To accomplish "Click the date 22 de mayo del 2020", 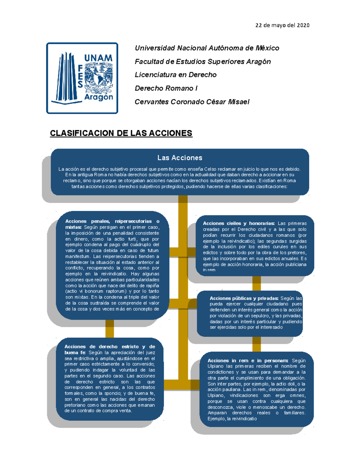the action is click(282, 25).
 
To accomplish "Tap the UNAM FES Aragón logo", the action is click(82, 78).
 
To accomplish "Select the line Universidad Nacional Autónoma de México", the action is click(207, 48).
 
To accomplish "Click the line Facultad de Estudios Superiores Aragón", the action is click(203, 62).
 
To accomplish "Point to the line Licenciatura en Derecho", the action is click(175, 75).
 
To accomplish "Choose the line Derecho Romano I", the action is click(166, 88).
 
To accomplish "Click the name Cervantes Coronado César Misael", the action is click(192, 102).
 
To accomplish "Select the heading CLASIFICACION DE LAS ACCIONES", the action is click(121, 133).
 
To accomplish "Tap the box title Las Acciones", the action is click(180, 158).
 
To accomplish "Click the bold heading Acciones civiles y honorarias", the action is click(238, 223).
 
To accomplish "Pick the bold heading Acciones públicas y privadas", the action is click(244, 298).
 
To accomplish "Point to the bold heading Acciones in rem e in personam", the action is click(248, 361).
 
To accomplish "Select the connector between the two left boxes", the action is click(109, 328).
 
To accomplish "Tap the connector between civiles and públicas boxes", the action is click(256, 283).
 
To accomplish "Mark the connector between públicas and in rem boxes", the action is click(256, 344).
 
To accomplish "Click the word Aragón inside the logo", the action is click(98, 97).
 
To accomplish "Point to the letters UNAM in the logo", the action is click(98, 58).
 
